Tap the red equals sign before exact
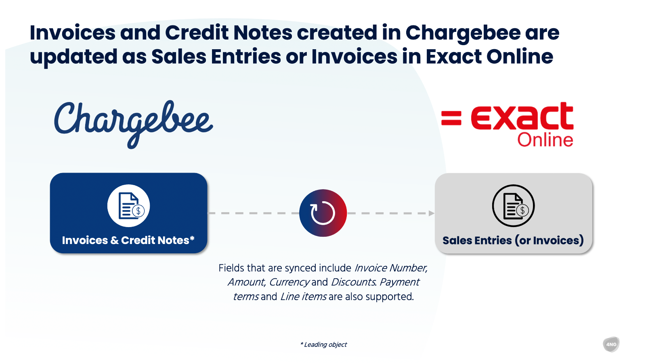(x=451, y=118)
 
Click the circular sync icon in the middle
(x=323, y=213)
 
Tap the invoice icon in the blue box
(x=129, y=206)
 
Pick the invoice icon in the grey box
(x=513, y=206)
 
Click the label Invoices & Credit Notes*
(x=128, y=240)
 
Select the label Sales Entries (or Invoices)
(x=513, y=240)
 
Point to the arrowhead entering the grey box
(x=432, y=213)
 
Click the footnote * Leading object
(x=323, y=344)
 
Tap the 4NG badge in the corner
(x=611, y=344)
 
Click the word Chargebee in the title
(x=463, y=33)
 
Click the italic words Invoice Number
(x=391, y=268)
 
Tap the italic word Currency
(x=289, y=282)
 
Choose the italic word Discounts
(x=354, y=282)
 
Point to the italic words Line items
(x=303, y=296)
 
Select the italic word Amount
(x=246, y=282)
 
